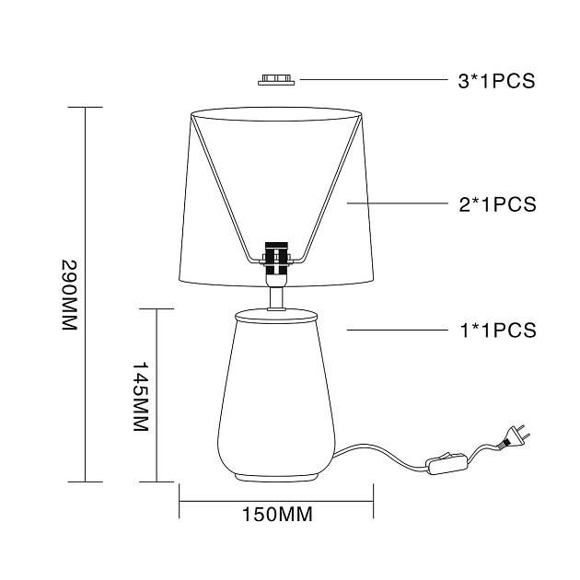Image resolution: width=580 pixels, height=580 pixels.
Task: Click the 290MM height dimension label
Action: [69, 295]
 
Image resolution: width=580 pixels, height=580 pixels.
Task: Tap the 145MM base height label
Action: [141, 396]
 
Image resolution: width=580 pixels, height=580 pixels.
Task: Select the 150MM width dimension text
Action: [277, 514]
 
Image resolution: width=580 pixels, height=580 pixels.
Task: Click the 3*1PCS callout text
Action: [496, 81]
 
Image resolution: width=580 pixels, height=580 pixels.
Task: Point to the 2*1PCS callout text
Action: [497, 204]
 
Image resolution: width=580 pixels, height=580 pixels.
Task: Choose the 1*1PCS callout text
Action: [498, 331]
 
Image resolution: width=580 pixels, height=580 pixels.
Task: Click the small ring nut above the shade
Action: [276, 80]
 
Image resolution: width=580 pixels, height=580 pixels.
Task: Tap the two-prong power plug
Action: [514, 437]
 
